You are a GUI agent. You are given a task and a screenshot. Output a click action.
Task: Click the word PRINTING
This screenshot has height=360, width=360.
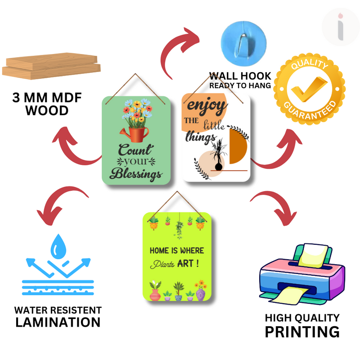coord(301,332)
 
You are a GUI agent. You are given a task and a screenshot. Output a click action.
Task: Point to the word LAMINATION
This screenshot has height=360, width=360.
coord(58,322)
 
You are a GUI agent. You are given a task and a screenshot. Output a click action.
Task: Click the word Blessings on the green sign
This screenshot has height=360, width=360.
coord(136,173)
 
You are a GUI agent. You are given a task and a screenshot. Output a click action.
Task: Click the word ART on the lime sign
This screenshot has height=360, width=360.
coord(189,263)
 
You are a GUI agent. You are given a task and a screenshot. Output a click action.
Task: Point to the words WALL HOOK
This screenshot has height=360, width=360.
coord(240,76)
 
